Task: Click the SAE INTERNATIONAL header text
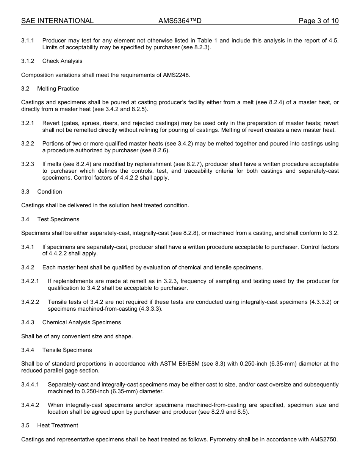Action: tap(57, 21)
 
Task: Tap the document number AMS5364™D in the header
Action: tap(180, 21)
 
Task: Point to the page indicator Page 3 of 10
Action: tap(318, 21)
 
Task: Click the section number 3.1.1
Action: tap(28, 41)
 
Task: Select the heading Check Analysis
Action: tap(62, 61)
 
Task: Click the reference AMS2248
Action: tap(177, 75)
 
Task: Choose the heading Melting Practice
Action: tap(58, 89)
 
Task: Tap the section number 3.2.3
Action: tap(28, 164)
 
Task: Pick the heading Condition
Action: tap(50, 192)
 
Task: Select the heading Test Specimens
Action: tap(58, 219)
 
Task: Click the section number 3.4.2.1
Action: tap(30, 281)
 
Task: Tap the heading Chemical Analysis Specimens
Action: tap(81, 322)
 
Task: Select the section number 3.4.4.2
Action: tap(30, 405)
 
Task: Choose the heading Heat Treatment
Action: tap(58, 425)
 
